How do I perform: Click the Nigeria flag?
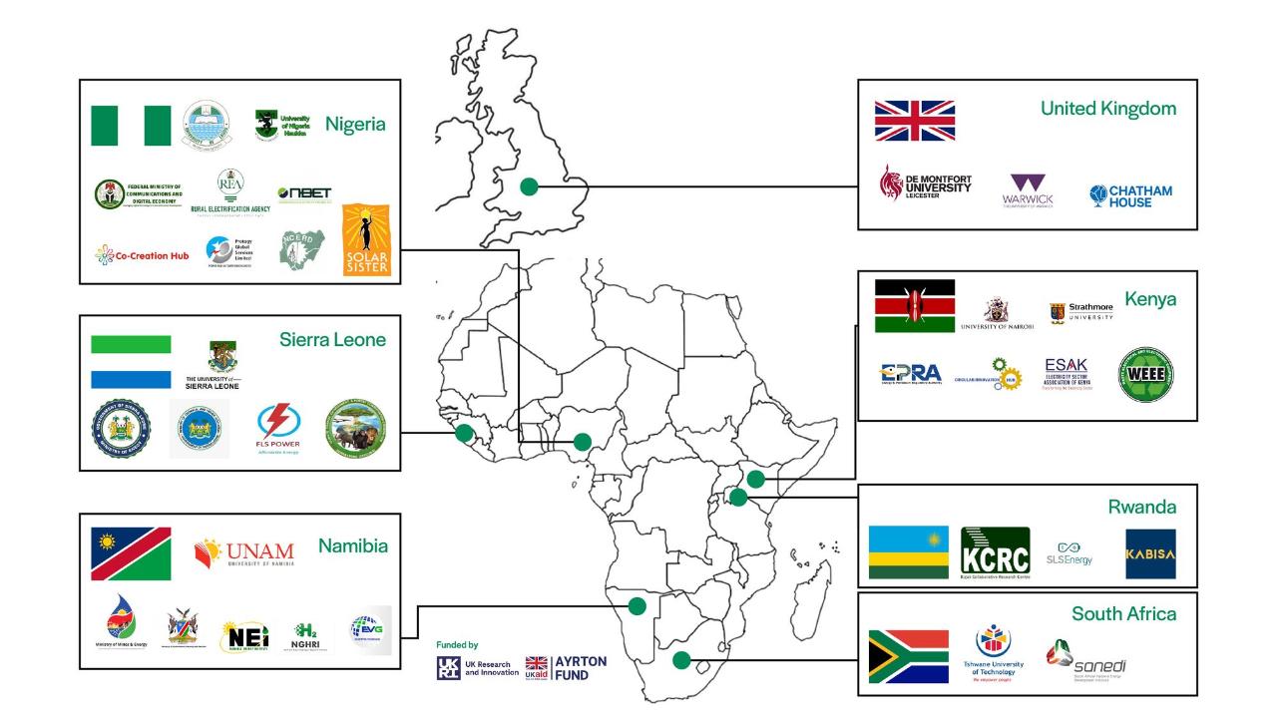coord(131,126)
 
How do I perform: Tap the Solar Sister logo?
coord(366,240)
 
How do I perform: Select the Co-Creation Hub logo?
coord(142,255)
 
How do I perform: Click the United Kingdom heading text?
coord(1107,108)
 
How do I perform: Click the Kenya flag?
coord(914,305)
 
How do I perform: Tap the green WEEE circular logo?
coord(1145,374)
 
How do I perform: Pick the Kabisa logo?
coord(1150,553)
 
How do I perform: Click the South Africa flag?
coord(908,656)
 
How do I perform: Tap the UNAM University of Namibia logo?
coord(244,551)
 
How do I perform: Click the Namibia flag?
coord(131,553)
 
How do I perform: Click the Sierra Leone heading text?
coord(332,340)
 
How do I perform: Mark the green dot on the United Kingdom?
coord(529,185)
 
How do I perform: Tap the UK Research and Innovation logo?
coord(477,667)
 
